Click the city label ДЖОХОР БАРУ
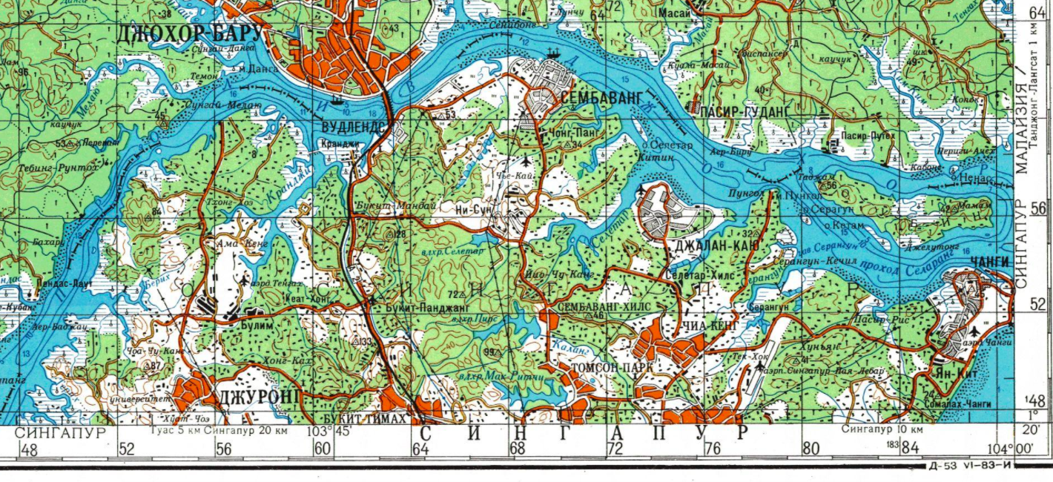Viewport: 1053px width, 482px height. (x=190, y=34)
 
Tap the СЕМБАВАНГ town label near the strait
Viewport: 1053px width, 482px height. (x=600, y=98)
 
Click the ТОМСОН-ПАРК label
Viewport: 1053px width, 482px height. (x=613, y=367)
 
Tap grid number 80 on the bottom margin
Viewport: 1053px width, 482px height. (x=810, y=449)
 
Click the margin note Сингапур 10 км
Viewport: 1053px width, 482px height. (x=882, y=430)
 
